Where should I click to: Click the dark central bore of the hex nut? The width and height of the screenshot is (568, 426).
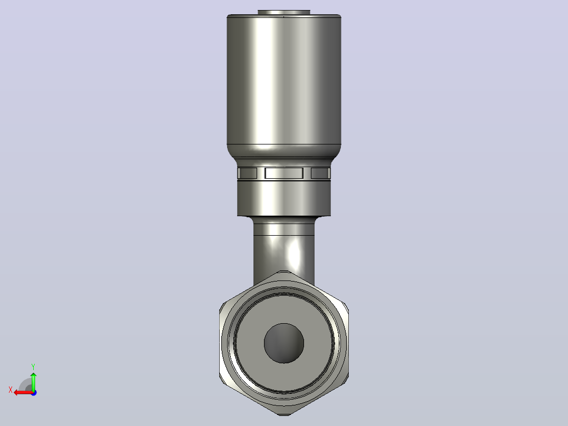point(284,343)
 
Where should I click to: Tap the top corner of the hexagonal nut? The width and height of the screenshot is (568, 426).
point(284,271)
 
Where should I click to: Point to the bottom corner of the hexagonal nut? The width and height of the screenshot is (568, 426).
point(284,415)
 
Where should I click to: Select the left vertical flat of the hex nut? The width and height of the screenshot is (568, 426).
point(221,343)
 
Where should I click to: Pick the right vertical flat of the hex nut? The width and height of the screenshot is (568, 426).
point(347,343)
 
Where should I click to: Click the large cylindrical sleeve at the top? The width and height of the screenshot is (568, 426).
point(284,80)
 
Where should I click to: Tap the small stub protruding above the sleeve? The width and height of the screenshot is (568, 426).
point(284,12)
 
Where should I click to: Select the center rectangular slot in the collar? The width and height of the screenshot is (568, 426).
point(284,173)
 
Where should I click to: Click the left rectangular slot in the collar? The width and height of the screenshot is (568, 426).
point(248,173)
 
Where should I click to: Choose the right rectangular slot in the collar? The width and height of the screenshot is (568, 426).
point(320,173)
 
